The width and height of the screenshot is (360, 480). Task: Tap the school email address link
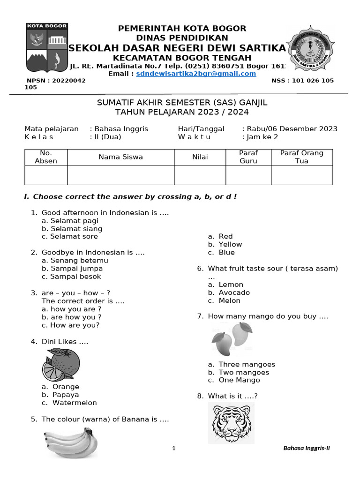pos(196,74)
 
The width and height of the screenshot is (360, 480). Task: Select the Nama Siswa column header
pos(120,157)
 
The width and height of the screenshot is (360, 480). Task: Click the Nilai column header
pos(200,157)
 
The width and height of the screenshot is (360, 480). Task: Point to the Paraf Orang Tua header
pos(301,157)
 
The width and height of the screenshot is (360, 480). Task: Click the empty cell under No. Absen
pos(46,175)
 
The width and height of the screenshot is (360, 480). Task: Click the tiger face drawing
pos(231,422)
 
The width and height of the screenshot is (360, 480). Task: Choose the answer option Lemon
pos(231,285)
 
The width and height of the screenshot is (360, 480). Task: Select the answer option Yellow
pos(230,244)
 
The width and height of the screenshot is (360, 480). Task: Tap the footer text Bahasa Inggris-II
pos(307,448)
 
